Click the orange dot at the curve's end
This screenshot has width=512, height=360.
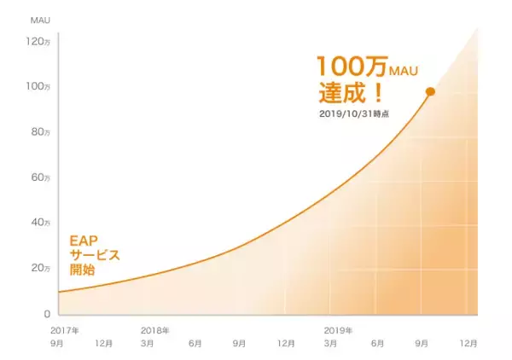[x=430, y=91]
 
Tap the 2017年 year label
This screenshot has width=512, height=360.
[x=65, y=330]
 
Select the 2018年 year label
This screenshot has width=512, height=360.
[x=154, y=330]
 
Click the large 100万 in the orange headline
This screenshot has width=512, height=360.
[x=342, y=67]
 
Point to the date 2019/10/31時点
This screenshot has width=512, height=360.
[x=352, y=113]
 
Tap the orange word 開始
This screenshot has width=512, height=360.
[x=82, y=270]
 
